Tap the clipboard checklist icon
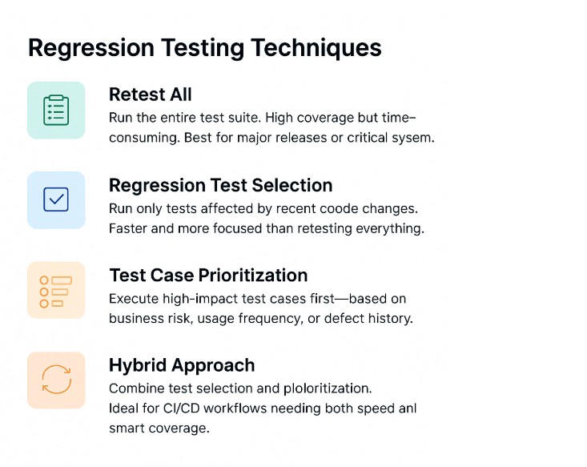click(x=56, y=111)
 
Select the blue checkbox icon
click(x=56, y=199)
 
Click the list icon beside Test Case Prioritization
click(x=56, y=290)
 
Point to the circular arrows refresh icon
click(x=56, y=380)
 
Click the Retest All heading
click(x=150, y=95)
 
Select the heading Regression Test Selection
click(x=220, y=185)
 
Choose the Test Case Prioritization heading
click(x=208, y=276)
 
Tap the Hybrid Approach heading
click(x=182, y=365)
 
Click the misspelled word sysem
click(x=414, y=137)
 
